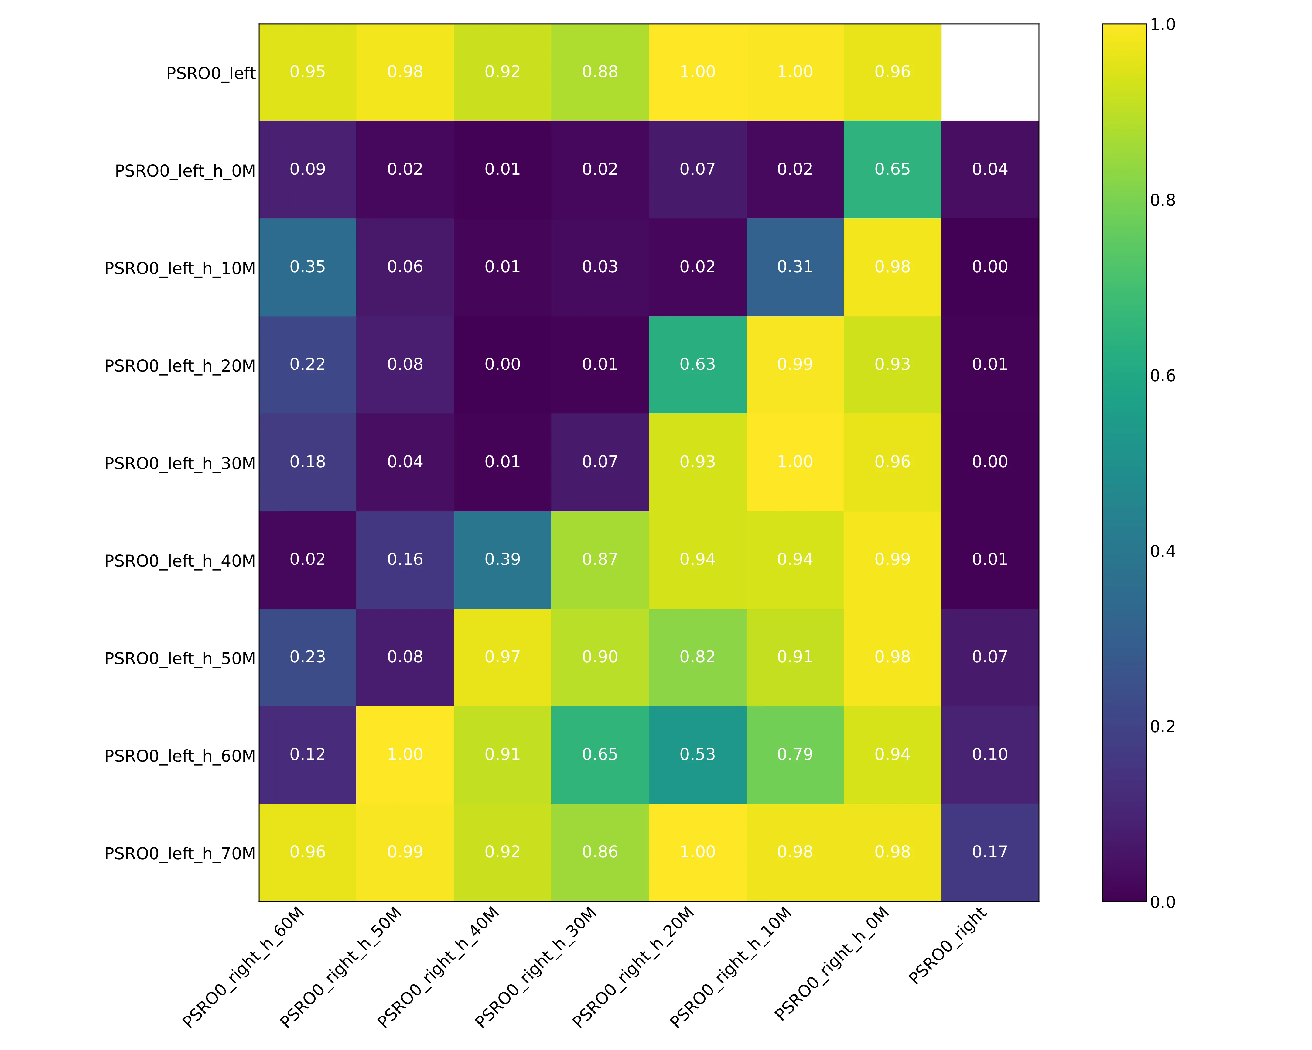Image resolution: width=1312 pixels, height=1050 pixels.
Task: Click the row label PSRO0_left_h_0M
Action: (185, 170)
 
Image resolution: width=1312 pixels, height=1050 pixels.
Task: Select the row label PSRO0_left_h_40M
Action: (179, 561)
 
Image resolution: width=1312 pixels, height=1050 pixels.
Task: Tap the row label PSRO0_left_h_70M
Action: (179, 853)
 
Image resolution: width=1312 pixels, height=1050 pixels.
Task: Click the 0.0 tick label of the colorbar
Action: (1162, 902)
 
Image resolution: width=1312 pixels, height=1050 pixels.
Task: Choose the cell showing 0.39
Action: (503, 560)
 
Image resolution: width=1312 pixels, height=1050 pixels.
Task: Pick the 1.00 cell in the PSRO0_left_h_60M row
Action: (405, 755)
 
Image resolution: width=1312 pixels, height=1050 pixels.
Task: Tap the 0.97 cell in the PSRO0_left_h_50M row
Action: (503, 657)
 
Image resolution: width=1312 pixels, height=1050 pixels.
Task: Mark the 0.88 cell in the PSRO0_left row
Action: (600, 72)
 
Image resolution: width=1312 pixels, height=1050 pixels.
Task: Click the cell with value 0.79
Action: (795, 755)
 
